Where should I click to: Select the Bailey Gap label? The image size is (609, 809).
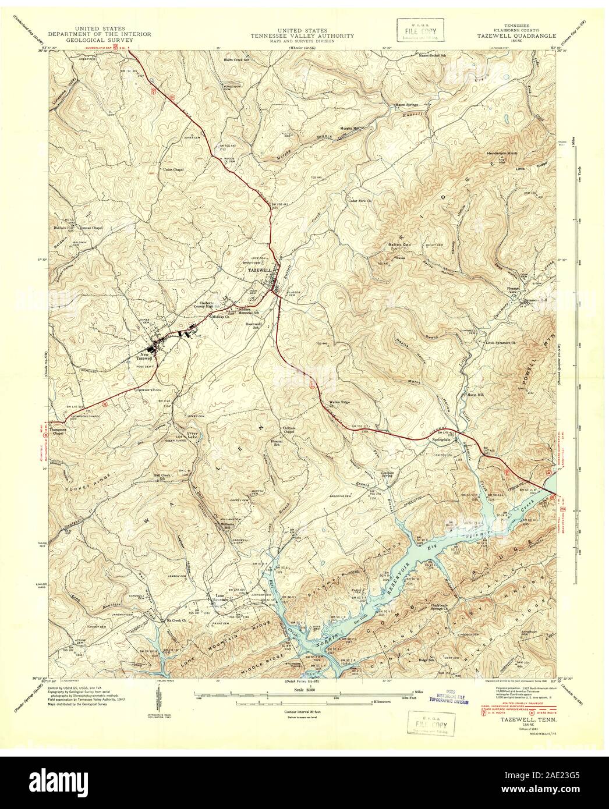396,244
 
